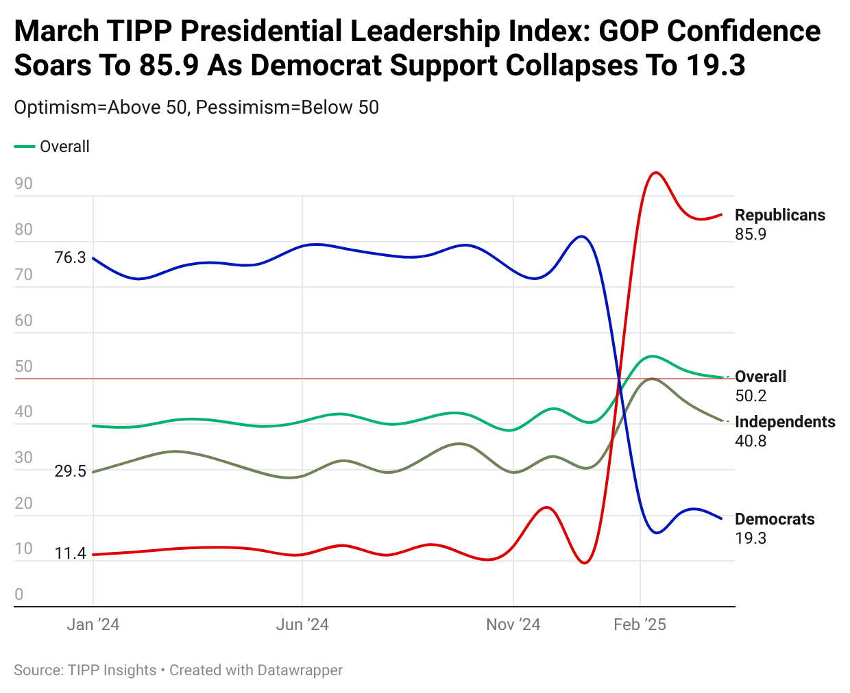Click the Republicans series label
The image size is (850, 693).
(x=779, y=215)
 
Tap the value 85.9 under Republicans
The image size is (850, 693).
(x=751, y=234)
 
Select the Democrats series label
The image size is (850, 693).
(x=775, y=519)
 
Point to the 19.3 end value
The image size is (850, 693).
(x=751, y=538)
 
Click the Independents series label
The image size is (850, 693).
(x=785, y=422)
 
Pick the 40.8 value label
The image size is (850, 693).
(x=751, y=441)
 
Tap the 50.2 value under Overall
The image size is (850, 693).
(x=751, y=396)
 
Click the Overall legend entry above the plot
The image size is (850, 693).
(x=64, y=147)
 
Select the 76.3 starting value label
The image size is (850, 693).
(x=70, y=257)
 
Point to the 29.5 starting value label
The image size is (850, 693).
(x=70, y=471)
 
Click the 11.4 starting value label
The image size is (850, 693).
(x=70, y=553)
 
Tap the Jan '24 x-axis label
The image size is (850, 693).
(x=93, y=625)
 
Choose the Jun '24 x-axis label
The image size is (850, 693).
(x=302, y=625)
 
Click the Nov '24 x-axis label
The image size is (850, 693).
(x=513, y=625)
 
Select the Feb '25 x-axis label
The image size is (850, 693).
(x=640, y=625)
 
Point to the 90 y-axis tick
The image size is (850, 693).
(x=23, y=184)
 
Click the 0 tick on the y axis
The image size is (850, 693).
(x=19, y=594)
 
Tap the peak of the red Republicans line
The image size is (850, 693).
(x=656, y=173)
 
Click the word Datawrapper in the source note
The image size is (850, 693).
(x=300, y=670)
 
